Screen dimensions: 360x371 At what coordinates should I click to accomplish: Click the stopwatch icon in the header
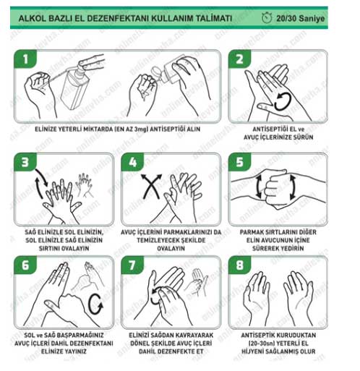click(x=267, y=18)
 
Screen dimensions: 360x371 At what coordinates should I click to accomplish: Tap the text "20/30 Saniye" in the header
click(x=300, y=19)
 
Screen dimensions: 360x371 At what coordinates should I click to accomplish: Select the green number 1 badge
click(x=25, y=59)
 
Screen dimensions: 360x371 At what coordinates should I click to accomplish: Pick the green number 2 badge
click(x=239, y=59)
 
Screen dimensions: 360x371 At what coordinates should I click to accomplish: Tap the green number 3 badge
click(x=25, y=162)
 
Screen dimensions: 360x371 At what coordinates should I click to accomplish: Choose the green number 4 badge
click(x=132, y=162)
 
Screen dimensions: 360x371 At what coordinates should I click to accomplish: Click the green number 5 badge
click(x=239, y=162)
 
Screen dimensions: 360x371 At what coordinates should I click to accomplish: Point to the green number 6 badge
click(x=25, y=265)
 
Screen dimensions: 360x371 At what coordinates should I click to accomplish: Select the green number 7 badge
click(x=132, y=265)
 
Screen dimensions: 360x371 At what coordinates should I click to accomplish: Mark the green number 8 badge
click(x=239, y=265)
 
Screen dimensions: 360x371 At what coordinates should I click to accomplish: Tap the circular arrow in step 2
click(x=283, y=102)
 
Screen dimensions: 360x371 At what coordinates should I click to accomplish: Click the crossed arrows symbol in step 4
click(x=151, y=186)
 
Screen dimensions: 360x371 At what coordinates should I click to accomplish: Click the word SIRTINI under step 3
click(x=49, y=248)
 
